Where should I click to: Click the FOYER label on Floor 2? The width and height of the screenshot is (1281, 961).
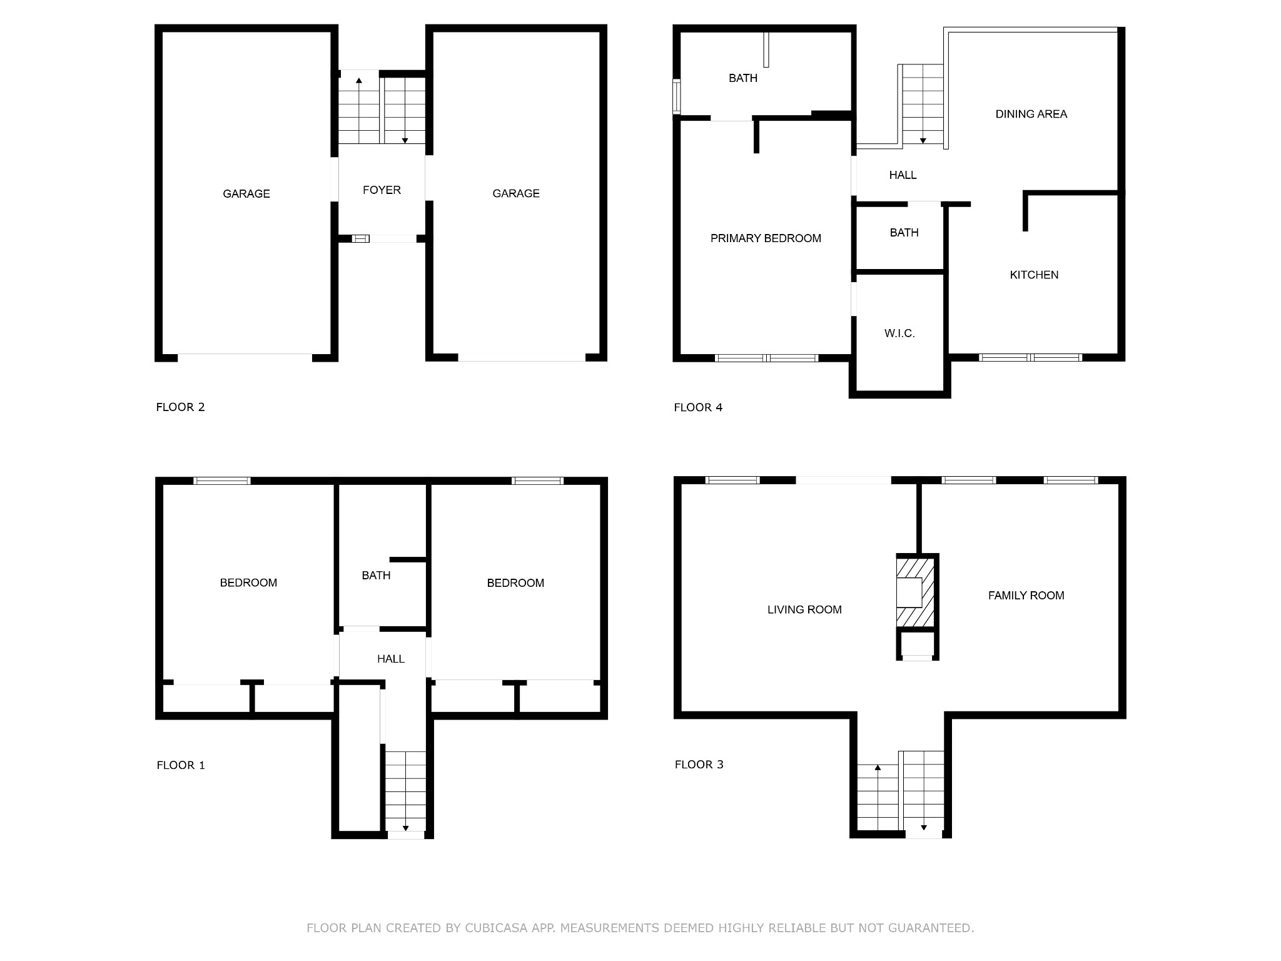[382, 190]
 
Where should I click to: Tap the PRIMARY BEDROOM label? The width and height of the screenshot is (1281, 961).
[766, 238]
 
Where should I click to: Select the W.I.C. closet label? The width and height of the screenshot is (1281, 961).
[899, 333]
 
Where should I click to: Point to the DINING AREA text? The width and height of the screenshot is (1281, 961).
[1031, 114]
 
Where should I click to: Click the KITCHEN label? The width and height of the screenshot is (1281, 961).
[1034, 275]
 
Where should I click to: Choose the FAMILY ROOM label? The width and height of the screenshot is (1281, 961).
[1026, 596]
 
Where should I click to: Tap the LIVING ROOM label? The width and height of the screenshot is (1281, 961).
[804, 609]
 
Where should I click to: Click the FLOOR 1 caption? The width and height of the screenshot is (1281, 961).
[181, 765]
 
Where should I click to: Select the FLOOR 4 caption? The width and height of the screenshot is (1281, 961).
[698, 407]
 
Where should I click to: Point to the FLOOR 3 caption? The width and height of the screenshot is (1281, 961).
[699, 765]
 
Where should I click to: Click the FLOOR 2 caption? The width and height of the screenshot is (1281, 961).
[180, 407]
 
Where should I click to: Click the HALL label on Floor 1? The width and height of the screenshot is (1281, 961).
[391, 659]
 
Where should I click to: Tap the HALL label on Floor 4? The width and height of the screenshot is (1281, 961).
[903, 175]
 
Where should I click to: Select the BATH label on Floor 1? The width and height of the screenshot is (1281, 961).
[376, 576]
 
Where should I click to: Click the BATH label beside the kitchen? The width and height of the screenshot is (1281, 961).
[904, 233]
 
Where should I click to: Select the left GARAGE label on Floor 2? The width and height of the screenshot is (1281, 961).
[246, 194]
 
